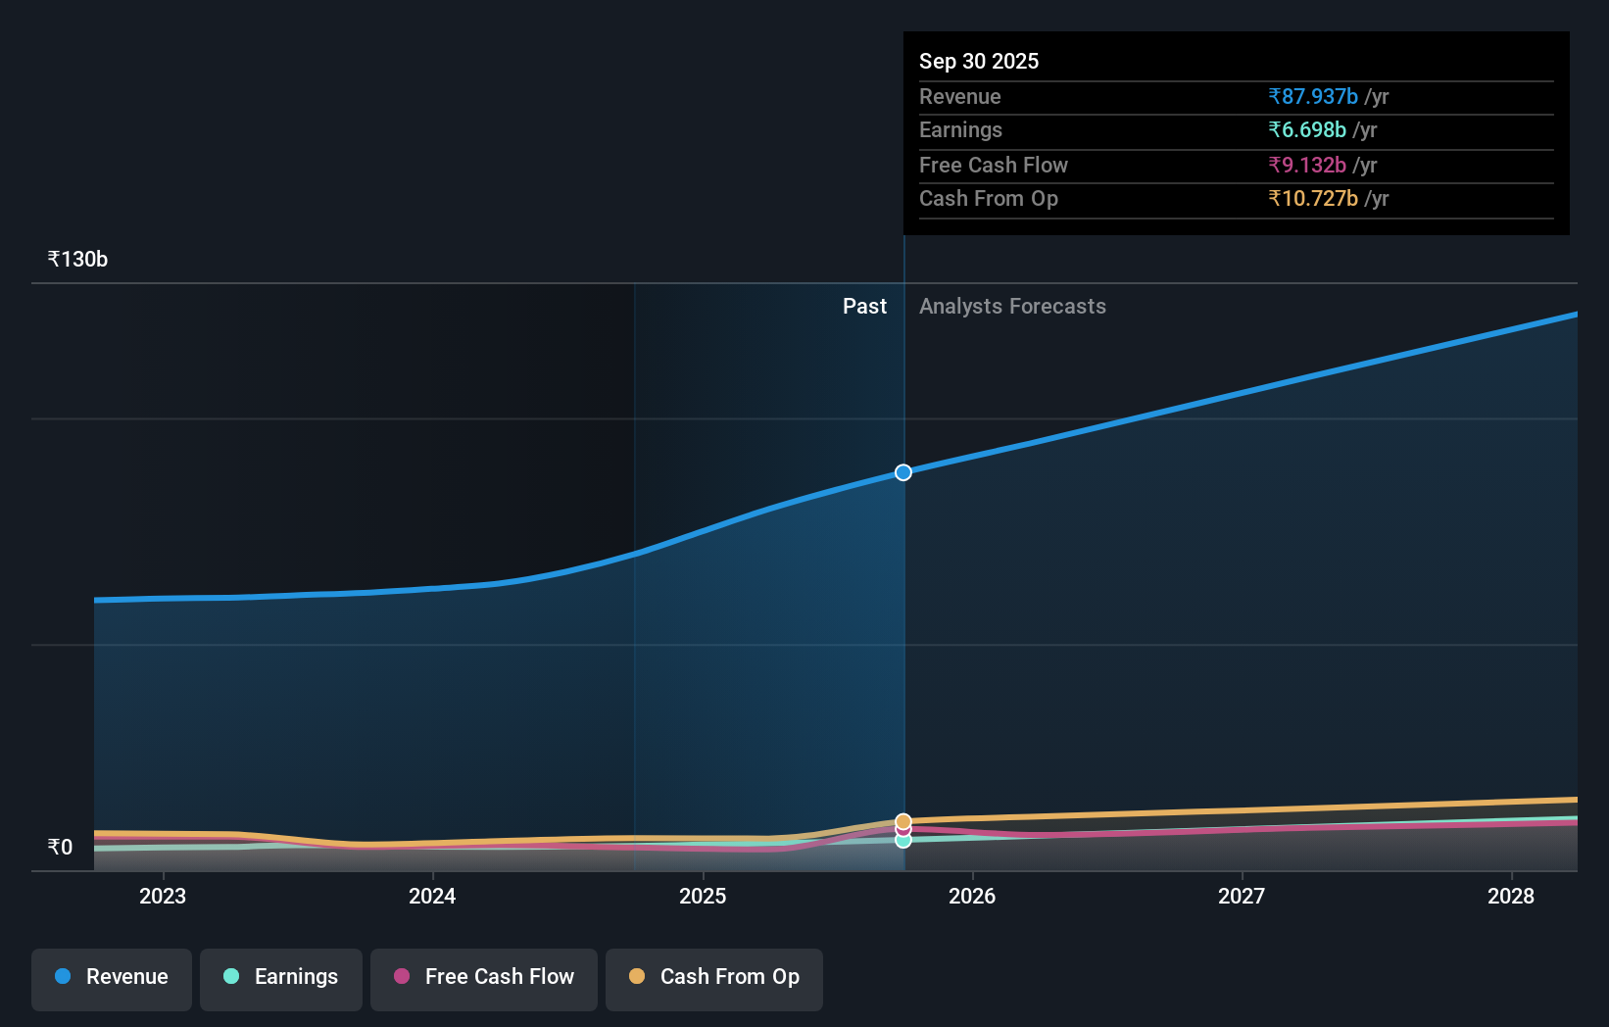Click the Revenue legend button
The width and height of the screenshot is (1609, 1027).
pyautogui.click(x=112, y=978)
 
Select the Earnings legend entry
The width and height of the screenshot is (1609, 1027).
pyautogui.click(x=281, y=978)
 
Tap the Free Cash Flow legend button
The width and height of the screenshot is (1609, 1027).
pyautogui.click(x=484, y=978)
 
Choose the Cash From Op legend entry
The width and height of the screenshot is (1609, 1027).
pyautogui.click(x=714, y=978)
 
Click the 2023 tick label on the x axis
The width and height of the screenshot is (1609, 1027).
pyautogui.click(x=163, y=897)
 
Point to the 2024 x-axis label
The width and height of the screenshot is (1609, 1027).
pyautogui.click(x=432, y=897)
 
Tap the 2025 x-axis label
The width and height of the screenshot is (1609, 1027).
pyautogui.click(x=703, y=897)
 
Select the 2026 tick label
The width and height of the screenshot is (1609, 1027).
pyautogui.click(x=972, y=897)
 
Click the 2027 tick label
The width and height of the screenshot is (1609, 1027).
pyautogui.click(x=1242, y=897)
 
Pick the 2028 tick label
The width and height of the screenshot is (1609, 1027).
pyautogui.click(x=1511, y=897)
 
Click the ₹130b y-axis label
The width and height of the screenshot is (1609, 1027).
pyautogui.click(x=78, y=260)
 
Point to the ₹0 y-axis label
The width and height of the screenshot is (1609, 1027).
pyautogui.click(x=61, y=848)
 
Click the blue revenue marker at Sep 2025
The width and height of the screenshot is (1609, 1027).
pyautogui.click(x=903, y=472)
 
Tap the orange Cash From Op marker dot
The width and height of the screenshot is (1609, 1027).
pyautogui.click(x=903, y=821)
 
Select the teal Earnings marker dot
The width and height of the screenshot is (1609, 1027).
pyautogui.click(x=903, y=841)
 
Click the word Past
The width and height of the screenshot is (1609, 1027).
pyautogui.click(x=864, y=307)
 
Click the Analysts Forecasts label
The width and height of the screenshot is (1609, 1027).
pyautogui.click(x=1012, y=307)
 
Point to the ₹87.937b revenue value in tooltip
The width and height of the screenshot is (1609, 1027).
pyautogui.click(x=1313, y=97)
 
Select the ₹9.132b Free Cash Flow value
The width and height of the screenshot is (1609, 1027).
pyautogui.click(x=1307, y=166)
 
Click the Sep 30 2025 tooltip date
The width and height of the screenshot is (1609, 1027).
pyautogui.click(x=979, y=62)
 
